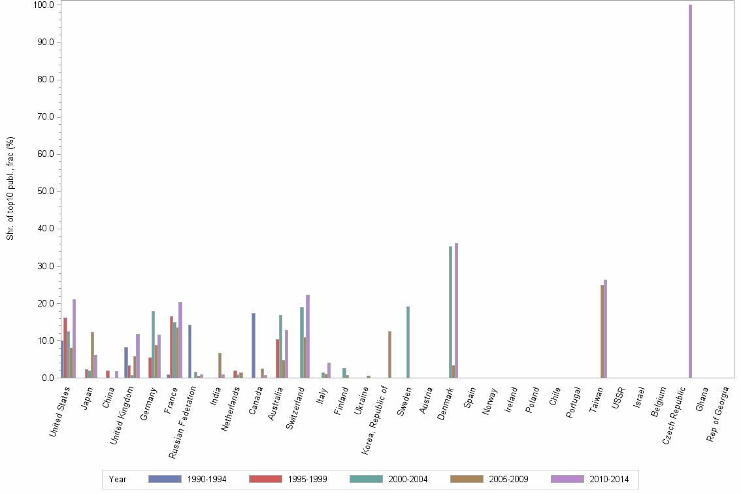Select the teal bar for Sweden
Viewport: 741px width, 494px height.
click(408, 342)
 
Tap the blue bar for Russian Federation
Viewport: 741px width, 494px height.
click(189, 352)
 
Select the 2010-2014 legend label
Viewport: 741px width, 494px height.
click(609, 480)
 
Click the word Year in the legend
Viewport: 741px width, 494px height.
click(118, 480)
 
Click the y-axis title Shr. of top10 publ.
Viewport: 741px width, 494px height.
click(10, 188)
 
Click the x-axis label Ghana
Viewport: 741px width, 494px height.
click(702, 397)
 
